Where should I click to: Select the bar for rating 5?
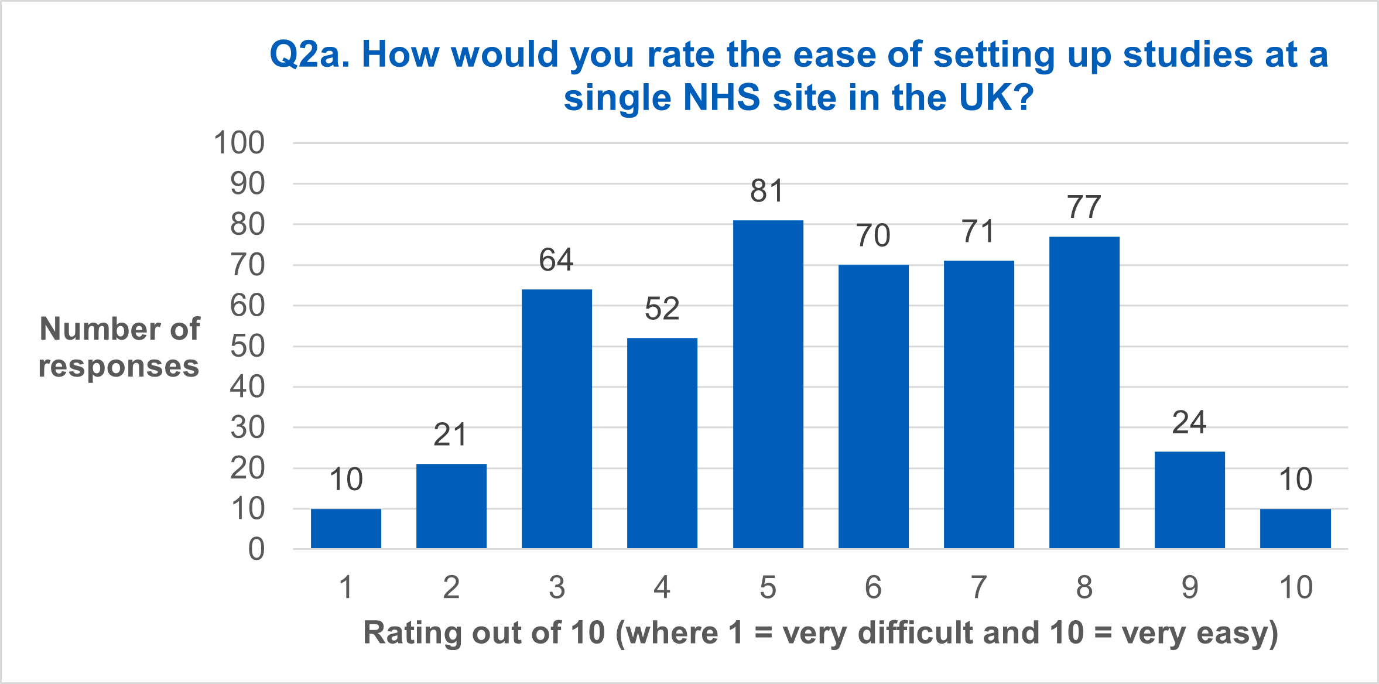click(768, 384)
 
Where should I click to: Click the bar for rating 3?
click(556, 419)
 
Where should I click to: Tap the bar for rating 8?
click(1084, 392)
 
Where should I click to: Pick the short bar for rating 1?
click(345, 528)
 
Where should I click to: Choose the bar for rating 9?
click(1189, 500)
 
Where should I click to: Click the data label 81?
click(767, 191)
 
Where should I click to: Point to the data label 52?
click(662, 309)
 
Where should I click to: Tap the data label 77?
click(1084, 207)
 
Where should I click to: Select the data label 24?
click(1189, 422)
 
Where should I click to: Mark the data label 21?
click(450, 435)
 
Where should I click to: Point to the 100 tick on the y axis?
click(239, 143)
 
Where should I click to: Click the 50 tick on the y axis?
click(247, 346)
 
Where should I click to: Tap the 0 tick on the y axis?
click(256, 549)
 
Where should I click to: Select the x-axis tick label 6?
click(873, 587)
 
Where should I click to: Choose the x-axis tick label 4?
click(662, 587)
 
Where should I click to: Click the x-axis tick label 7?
click(978, 587)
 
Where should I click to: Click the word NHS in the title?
click(721, 97)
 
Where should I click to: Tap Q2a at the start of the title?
click(309, 54)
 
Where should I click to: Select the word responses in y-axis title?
click(119, 367)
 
